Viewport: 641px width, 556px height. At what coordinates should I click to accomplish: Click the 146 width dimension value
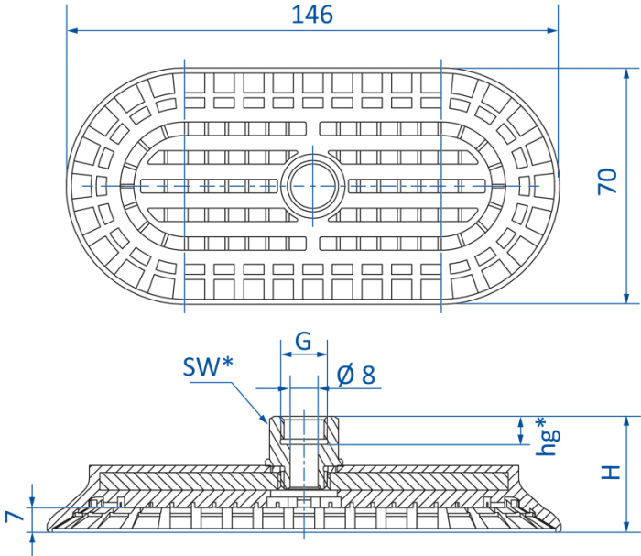[x=312, y=15]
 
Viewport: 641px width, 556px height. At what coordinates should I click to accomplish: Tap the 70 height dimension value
[x=607, y=181]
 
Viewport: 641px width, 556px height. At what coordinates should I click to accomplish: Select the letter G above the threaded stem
[x=303, y=341]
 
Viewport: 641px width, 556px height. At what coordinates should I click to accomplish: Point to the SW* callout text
[x=208, y=366]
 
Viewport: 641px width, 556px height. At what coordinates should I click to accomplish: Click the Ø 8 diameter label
[x=356, y=375]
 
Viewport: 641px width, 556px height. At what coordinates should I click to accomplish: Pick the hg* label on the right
[x=547, y=436]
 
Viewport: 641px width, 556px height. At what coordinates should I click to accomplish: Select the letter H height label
[x=611, y=473]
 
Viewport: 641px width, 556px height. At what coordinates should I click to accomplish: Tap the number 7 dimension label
[x=15, y=517]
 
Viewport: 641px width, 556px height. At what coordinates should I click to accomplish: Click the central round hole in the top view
[x=313, y=186]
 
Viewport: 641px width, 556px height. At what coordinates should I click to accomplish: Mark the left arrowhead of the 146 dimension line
[x=72, y=30]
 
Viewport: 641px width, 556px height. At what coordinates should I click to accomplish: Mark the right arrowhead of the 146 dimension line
[x=552, y=30]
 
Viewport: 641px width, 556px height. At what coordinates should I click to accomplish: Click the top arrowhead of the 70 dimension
[x=626, y=74]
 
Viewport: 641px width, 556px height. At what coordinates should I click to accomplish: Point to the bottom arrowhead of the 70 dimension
[x=626, y=298]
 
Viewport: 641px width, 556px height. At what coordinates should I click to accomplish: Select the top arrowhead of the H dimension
[x=626, y=422]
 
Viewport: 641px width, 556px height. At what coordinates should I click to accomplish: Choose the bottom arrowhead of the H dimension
[x=626, y=526]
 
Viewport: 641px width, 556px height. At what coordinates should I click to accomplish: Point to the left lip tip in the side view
[x=49, y=529]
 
